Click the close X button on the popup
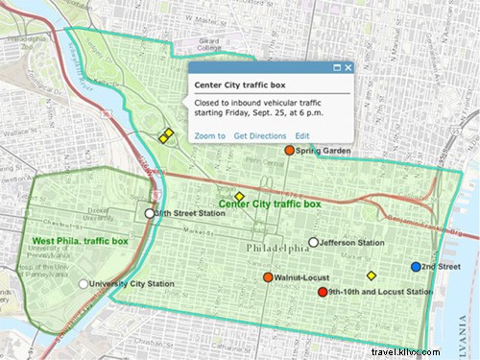pos(348,68)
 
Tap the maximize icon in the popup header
pos(337,68)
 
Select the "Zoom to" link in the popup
pos(209,136)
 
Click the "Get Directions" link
pos(260,136)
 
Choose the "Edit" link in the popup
pos(302,136)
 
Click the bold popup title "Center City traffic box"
pos(236,85)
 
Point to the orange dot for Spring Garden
pos(288,151)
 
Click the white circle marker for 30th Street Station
pos(149,213)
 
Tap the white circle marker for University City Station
pos(84,284)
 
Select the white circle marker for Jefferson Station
pos(313,242)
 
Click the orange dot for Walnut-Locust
pos(269,277)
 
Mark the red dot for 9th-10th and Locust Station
pos(323,292)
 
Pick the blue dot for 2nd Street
pos(416,266)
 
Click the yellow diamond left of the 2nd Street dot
pos(372,276)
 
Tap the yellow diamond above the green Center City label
pos(240,196)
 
